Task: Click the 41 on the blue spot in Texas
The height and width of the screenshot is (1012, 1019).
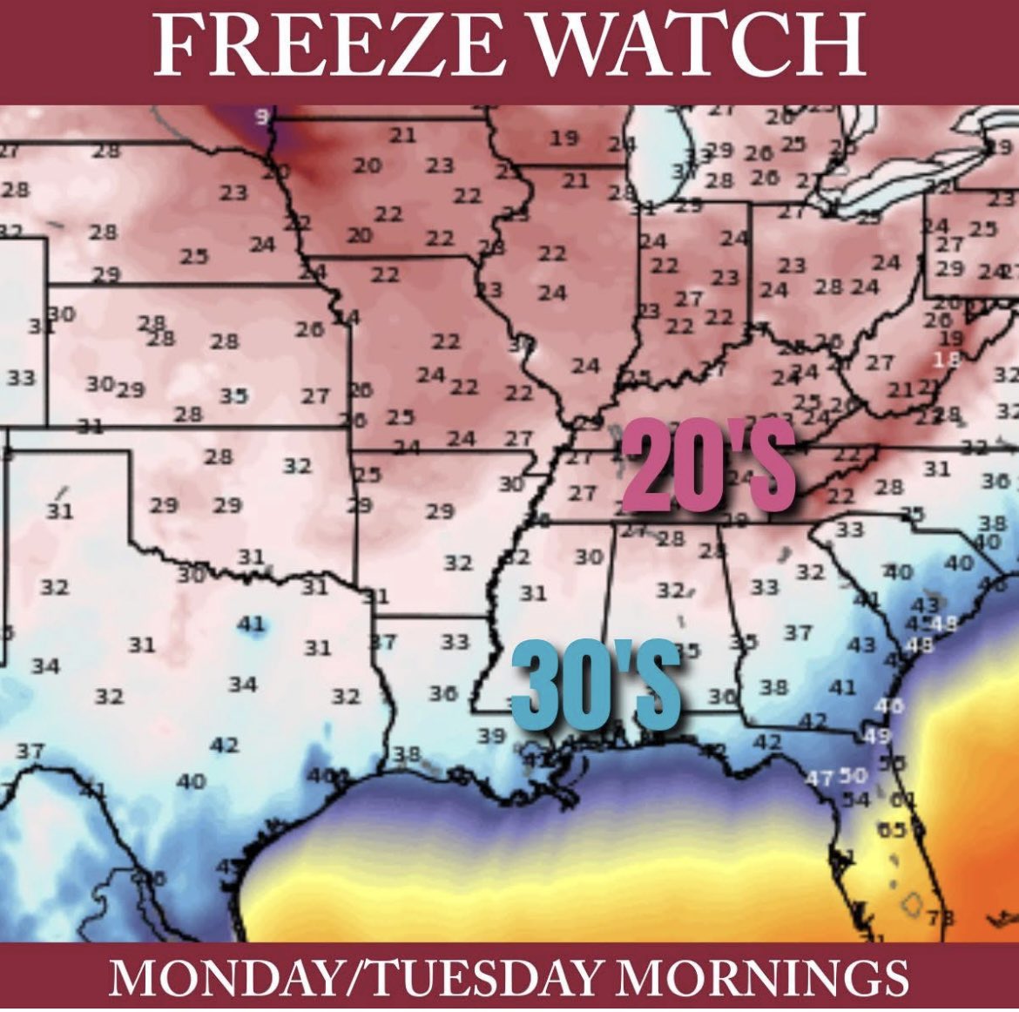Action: tap(251, 624)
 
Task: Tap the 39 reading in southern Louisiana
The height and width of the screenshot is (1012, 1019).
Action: tap(491, 736)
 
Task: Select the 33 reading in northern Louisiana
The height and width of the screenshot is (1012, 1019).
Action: tap(455, 642)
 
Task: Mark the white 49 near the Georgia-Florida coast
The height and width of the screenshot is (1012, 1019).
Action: tap(879, 737)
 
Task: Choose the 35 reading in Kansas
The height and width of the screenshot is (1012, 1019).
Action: tap(233, 396)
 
